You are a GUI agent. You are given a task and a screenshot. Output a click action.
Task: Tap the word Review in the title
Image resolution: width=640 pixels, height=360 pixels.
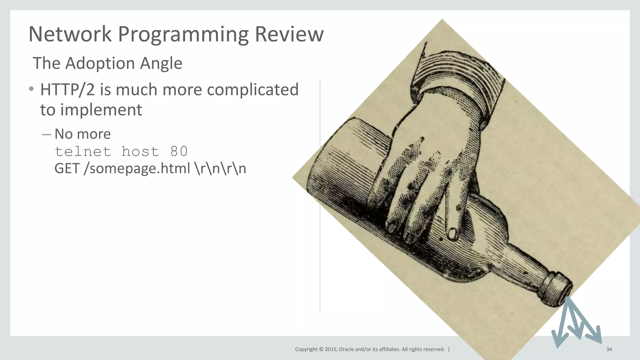pyautogui.click(x=289, y=34)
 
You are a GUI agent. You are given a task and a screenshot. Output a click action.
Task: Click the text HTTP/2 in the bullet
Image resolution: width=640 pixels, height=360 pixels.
pyautogui.click(x=67, y=90)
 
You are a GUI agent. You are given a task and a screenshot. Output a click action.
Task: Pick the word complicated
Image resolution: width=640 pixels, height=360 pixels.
pyautogui.click(x=252, y=90)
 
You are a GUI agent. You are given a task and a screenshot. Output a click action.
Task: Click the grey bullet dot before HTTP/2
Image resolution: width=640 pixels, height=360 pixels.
pyautogui.click(x=31, y=89)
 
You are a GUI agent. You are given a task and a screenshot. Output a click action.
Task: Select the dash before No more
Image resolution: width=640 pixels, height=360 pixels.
pyautogui.click(x=46, y=135)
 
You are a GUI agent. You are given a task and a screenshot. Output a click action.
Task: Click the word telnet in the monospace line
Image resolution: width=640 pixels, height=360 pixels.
pyautogui.click(x=83, y=152)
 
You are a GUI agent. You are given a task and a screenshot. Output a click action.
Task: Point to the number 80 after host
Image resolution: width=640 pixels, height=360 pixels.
pyautogui.click(x=179, y=152)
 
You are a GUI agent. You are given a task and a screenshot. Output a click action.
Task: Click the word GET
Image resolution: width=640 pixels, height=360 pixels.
pyautogui.click(x=67, y=169)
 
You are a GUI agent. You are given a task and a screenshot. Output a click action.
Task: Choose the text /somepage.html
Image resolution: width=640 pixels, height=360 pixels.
pyautogui.click(x=137, y=169)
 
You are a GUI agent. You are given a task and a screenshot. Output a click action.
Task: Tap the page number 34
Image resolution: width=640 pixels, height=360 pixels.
pyautogui.click(x=609, y=349)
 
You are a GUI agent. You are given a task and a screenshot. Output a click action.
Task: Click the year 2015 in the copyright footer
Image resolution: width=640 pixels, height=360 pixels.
pyautogui.click(x=331, y=349)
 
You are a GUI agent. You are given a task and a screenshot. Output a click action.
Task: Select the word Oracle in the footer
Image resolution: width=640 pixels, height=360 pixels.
pyautogui.click(x=346, y=349)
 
